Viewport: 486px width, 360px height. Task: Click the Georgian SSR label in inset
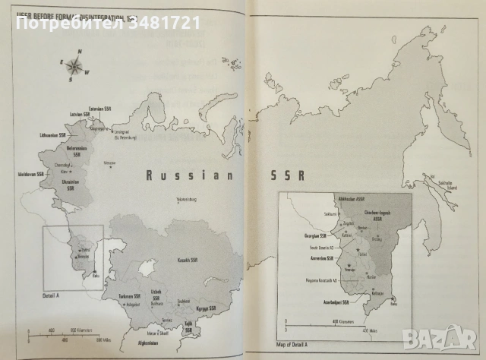(x=295, y=236)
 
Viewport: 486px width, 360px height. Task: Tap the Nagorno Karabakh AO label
(x=319, y=283)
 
